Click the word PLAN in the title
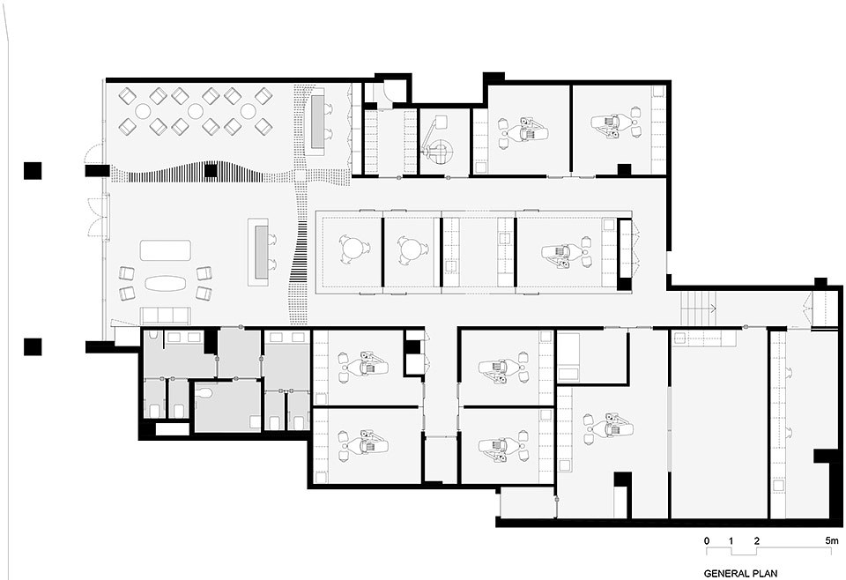766,573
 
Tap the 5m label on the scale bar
833,540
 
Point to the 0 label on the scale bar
707,540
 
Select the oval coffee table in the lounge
165,283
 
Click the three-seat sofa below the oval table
165,316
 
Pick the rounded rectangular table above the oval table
165,250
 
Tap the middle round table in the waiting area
196,111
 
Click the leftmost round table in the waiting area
143,111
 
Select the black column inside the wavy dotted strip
211,171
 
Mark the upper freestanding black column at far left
33,170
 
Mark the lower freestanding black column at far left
33,346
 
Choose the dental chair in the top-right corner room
616,122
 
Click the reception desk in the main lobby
258,252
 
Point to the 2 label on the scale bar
756,540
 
